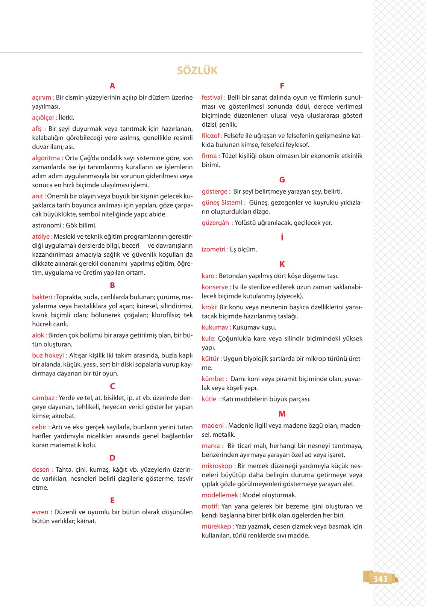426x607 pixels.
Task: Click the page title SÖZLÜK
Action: [x=197, y=70]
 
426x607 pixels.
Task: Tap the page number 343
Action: [x=380, y=579]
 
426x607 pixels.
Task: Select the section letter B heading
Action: [x=112, y=285]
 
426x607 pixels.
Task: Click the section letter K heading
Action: [x=282, y=264]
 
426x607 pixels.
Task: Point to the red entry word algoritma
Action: [x=46, y=158]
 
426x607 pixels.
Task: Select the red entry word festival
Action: [x=212, y=97]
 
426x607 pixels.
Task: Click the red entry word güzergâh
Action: [x=215, y=223]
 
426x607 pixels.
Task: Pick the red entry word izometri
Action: [x=214, y=249]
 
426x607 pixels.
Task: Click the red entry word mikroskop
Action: [x=217, y=466]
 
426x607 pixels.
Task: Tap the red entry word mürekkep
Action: [x=216, y=526]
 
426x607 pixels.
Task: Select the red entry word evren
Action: [x=40, y=512]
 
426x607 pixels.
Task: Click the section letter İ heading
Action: [x=282, y=237]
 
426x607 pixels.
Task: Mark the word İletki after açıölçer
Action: [x=67, y=117]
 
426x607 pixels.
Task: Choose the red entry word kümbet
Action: [x=213, y=378]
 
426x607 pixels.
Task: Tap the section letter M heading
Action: [x=282, y=414]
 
